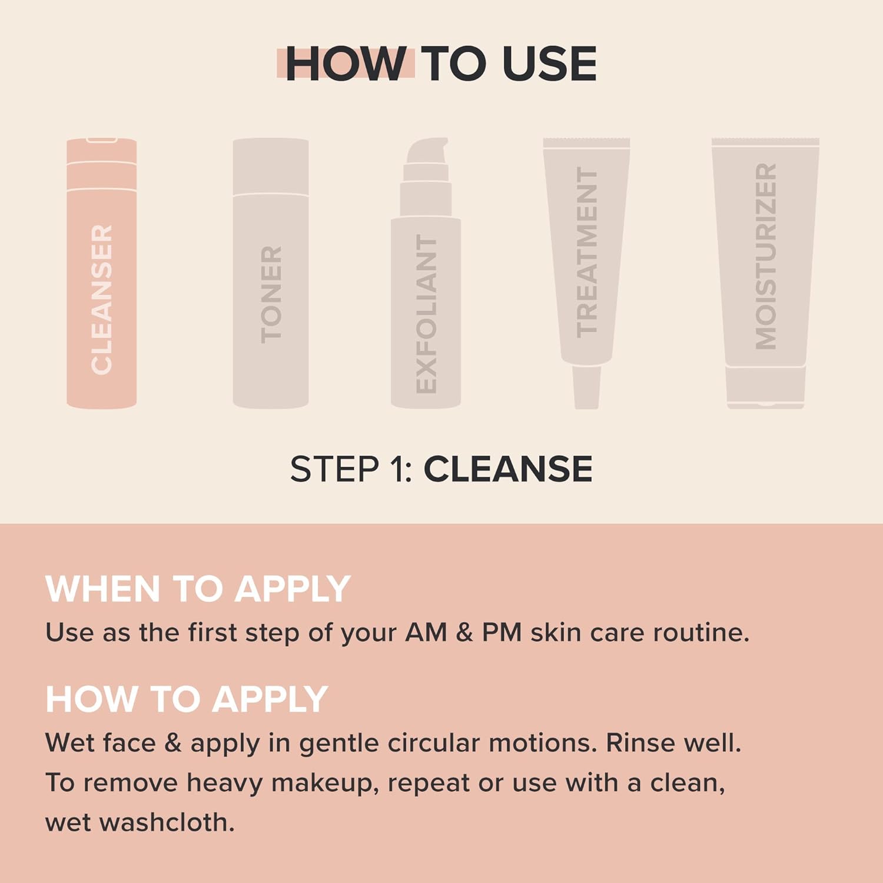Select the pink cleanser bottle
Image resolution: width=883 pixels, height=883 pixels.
click(102, 274)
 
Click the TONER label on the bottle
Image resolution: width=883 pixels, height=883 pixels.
click(271, 294)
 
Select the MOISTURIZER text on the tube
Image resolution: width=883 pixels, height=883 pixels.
click(766, 256)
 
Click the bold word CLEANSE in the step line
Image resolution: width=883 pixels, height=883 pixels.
click(508, 469)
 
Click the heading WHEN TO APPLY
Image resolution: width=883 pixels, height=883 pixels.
click(198, 589)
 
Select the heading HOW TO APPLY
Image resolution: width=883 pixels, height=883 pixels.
click(187, 699)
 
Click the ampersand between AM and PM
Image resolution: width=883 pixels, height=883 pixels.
click(464, 633)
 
